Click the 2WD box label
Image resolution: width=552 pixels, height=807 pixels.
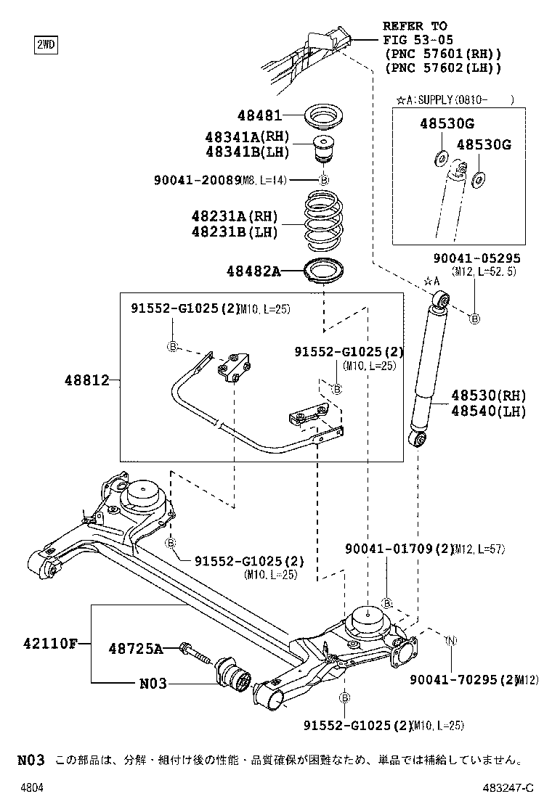[x=45, y=45]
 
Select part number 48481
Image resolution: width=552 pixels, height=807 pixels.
[x=258, y=115]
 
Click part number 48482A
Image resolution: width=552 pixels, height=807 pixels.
[x=252, y=271]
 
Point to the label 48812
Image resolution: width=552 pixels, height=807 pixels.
[x=86, y=380]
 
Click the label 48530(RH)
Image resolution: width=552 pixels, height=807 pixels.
[x=487, y=396]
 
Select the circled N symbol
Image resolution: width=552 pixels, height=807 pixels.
[x=450, y=640]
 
